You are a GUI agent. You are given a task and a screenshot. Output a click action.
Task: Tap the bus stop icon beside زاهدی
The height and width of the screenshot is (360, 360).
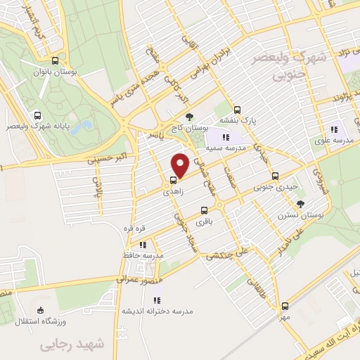[x=174, y=181]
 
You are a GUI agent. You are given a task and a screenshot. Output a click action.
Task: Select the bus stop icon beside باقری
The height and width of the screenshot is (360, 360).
[x=204, y=210]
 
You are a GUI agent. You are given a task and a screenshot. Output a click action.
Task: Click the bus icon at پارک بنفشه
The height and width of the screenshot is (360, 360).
[x=237, y=110]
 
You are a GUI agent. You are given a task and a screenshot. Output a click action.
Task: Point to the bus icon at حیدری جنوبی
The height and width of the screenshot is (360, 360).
[x=274, y=176]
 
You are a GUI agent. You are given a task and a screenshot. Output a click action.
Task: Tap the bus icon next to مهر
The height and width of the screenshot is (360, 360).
[x=285, y=305]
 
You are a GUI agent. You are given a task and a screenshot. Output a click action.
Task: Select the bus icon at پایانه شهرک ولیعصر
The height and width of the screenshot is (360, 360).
[x=37, y=115]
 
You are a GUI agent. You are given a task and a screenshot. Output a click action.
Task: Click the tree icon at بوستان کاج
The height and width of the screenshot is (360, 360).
[x=188, y=117]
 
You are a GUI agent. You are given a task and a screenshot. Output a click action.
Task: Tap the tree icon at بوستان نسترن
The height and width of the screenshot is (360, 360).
[x=301, y=203]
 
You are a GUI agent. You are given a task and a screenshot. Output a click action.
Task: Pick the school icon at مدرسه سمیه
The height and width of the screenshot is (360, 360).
[x=226, y=137]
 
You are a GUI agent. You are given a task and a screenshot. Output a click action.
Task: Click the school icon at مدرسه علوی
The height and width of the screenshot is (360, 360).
[x=334, y=129]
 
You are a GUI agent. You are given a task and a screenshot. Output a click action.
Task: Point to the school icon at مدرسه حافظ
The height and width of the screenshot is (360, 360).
[x=143, y=244]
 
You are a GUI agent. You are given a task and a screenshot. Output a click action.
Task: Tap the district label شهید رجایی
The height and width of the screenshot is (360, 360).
[x=70, y=344]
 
